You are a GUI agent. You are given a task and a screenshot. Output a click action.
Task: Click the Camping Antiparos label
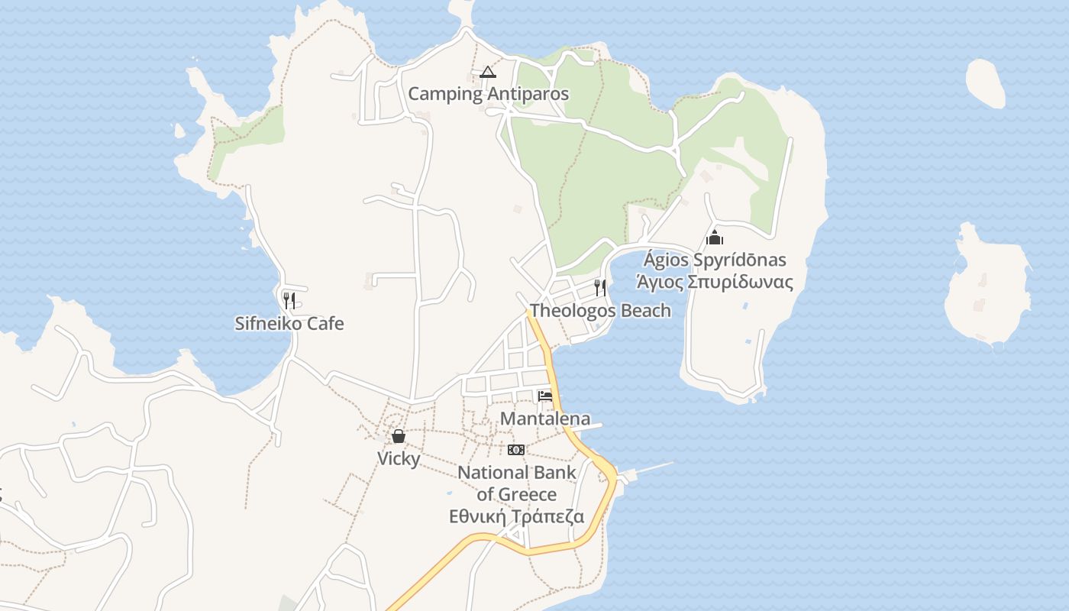[x=488, y=94]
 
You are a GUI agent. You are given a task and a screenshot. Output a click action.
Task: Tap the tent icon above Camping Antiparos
[x=488, y=73]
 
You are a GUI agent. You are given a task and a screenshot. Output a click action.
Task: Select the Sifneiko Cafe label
[x=289, y=323]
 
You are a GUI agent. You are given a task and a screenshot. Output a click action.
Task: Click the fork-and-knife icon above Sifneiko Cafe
[x=289, y=299]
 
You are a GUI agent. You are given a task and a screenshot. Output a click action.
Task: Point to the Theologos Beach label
[x=600, y=310]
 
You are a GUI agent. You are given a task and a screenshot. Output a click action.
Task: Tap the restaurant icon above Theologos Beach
[x=600, y=287]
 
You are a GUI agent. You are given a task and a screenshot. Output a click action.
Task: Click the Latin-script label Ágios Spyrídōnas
[x=715, y=260]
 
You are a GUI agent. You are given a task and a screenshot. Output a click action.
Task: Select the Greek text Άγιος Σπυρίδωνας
[x=715, y=282]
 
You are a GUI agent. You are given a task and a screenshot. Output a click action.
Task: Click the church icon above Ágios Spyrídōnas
[x=715, y=238]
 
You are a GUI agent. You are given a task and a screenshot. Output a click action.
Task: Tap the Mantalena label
[x=544, y=418]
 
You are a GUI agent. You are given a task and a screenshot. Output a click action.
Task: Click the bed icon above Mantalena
[x=544, y=396]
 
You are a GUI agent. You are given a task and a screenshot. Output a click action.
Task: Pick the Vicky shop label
[x=399, y=458]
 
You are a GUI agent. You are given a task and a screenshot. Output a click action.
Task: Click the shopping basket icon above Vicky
[x=399, y=436]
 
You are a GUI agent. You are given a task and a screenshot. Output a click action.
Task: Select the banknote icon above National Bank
[x=516, y=449]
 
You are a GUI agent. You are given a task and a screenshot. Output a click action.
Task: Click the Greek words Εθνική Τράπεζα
[x=516, y=516]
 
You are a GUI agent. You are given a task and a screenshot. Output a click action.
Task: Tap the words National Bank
[x=516, y=472]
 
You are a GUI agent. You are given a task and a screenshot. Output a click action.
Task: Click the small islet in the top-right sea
[x=985, y=82]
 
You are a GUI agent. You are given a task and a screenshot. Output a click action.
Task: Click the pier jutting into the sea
[x=649, y=468]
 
